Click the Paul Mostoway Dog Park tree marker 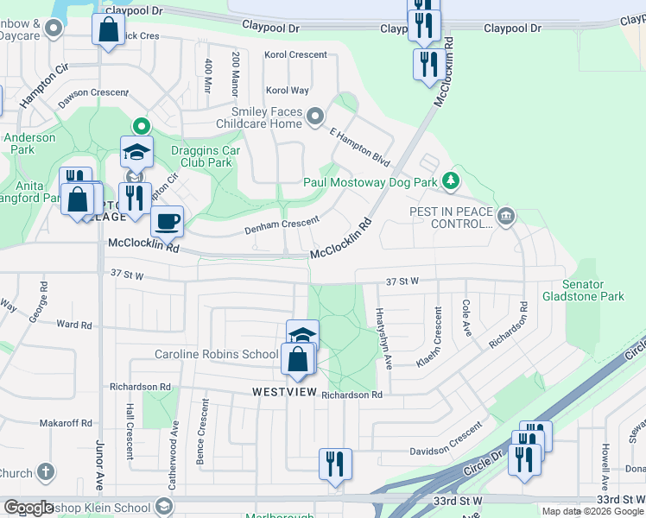[x=449, y=181]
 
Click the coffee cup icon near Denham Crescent [x=167, y=221]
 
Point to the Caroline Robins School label [x=216, y=354]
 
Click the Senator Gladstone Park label [x=582, y=290]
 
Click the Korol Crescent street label [x=296, y=54]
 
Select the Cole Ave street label [x=465, y=318]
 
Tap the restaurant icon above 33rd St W [x=333, y=464]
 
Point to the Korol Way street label [x=288, y=90]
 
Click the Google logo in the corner [x=28, y=509]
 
